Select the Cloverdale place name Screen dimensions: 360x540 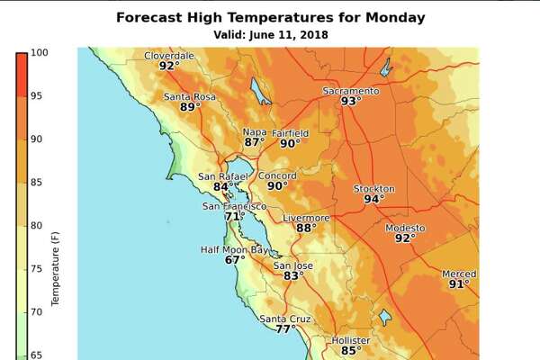pos(169,56)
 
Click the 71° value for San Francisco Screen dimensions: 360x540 pos(235,217)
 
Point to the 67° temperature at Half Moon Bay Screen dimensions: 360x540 pos(235,260)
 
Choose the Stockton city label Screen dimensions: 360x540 pos(373,188)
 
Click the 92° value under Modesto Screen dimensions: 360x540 pos(405,238)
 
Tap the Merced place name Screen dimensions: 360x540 pos(459,274)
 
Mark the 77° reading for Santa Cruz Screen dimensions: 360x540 pos(285,329)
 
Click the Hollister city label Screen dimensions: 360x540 pos(350,340)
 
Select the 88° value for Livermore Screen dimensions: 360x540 pos(306,229)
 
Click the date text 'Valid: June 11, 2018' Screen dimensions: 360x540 pos(270,34)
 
